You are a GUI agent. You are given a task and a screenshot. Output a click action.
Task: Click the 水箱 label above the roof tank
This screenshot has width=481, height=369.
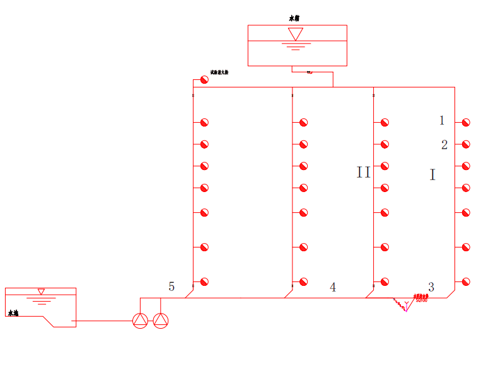(x=294, y=19)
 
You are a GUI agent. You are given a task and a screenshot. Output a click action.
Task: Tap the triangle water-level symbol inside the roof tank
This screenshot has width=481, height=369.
(x=295, y=34)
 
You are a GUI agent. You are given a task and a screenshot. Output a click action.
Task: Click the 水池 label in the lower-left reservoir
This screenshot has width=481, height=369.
(x=14, y=312)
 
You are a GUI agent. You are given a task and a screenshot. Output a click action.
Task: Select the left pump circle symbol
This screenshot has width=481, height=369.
(x=140, y=321)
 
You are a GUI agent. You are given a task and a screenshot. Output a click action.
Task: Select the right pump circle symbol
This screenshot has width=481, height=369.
(x=161, y=321)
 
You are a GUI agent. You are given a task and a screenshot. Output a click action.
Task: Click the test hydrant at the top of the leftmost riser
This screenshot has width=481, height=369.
(x=204, y=80)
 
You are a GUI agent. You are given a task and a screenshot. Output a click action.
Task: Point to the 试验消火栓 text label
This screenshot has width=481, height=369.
(x=219, y=72)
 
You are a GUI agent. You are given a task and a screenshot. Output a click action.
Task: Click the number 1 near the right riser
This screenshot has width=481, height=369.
(x=442, y=120)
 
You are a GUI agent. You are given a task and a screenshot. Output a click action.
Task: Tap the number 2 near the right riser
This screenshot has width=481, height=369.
(x=444, y=145)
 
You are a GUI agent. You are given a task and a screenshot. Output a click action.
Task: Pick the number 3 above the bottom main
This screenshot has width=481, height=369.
(x=431, y=287)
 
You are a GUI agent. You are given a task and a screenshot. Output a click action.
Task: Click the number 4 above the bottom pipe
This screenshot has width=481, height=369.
(x=333, y=287)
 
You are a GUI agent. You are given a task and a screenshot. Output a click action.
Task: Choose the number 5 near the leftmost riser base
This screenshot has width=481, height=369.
(x=171, y=287)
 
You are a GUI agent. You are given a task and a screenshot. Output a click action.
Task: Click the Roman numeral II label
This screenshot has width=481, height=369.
(x=364, y=173)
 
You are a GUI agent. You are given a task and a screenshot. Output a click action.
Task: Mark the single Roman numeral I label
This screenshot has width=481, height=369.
(x=432, y=175)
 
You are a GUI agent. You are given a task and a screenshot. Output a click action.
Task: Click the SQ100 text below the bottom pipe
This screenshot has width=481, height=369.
(x=421, y=300)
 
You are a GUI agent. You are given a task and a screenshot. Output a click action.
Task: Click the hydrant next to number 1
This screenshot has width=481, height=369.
(x=466, y=122)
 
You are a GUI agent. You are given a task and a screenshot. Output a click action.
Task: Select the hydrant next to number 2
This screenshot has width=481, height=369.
(x=466, y=144)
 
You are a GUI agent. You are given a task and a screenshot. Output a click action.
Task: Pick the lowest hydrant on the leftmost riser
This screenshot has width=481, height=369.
(x=204, y=281)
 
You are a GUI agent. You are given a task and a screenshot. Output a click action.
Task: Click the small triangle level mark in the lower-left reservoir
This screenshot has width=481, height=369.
(x=41, y=292)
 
